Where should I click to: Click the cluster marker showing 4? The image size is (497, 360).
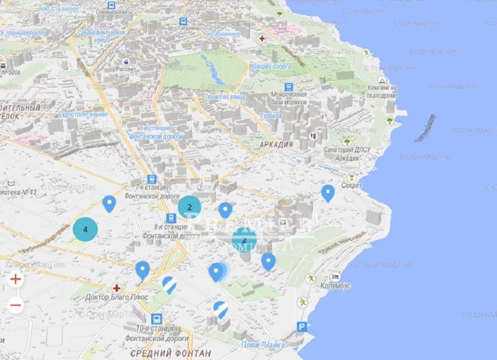coord(85,230)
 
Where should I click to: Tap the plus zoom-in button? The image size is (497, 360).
coord(16,278)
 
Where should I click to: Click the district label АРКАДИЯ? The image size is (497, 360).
coord(276,145)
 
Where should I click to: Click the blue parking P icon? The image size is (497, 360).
coord(303,327)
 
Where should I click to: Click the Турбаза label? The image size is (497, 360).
coord(271,115)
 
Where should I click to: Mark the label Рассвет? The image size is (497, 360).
coord(127,68)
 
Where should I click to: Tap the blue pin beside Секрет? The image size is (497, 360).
coord(327,193)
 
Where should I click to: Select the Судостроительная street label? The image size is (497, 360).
coord(83,114)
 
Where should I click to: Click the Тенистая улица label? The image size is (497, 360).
coord(225,96)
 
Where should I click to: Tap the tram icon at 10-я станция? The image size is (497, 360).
coord(157,319)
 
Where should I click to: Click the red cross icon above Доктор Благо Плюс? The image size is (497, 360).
coord(116,288)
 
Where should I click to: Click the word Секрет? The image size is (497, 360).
coord(351,186)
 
